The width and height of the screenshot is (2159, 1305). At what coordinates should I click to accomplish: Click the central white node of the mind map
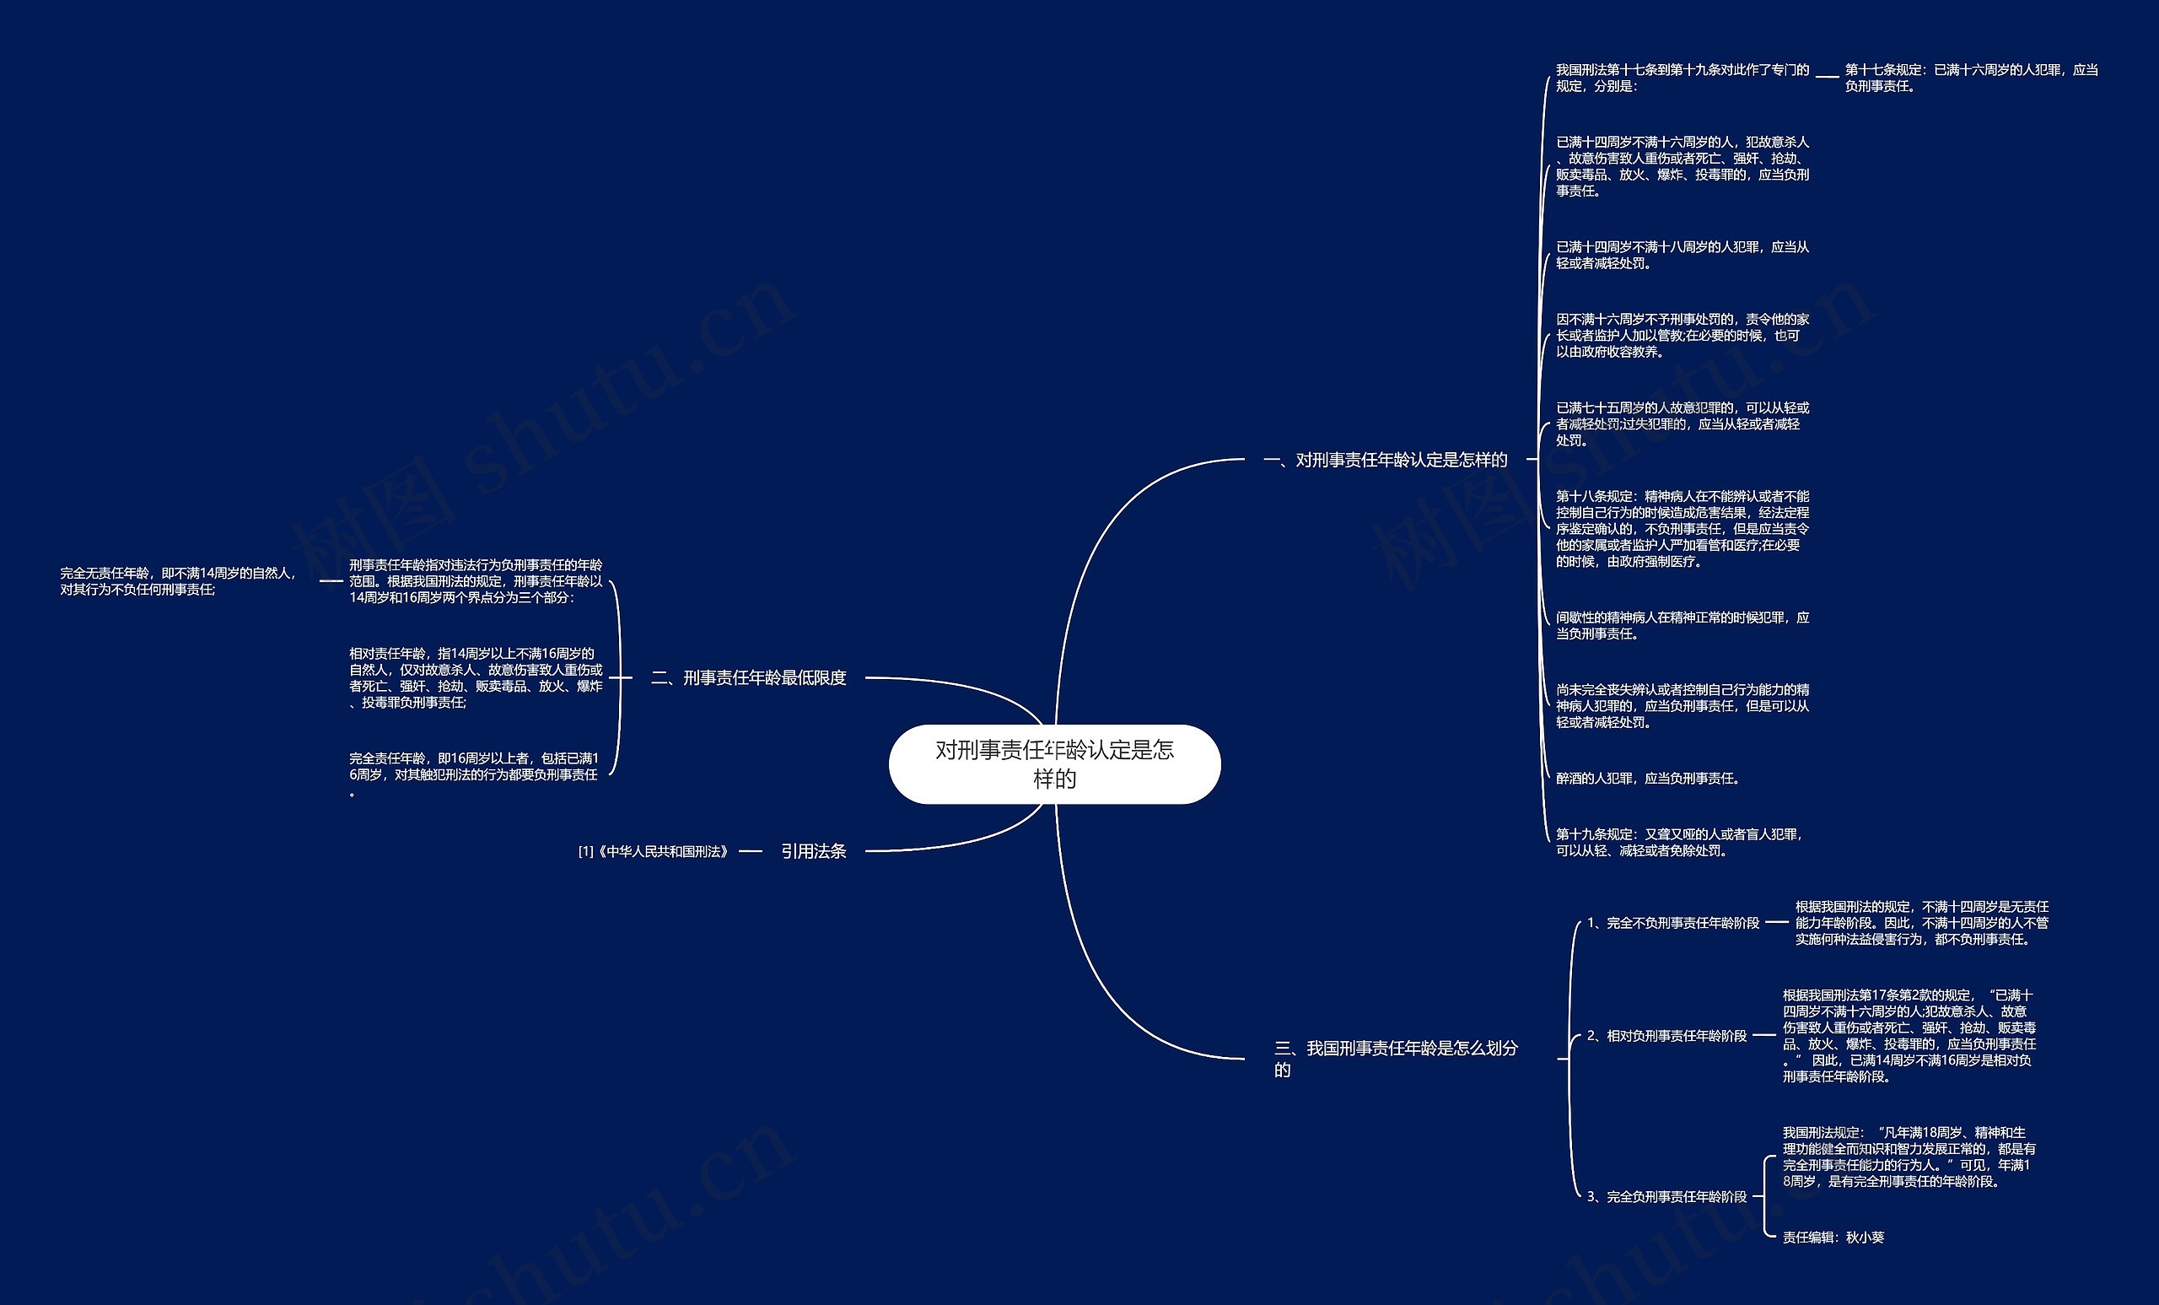[1054, 763]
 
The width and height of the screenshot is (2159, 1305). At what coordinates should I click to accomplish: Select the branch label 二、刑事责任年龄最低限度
[748, 677]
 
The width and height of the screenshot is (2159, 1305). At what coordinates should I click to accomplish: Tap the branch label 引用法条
[813, 851]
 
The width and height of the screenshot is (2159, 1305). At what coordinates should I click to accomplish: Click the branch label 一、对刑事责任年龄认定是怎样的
[1385, 459]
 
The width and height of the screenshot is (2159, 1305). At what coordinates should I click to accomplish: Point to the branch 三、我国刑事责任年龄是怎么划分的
[1395, 1058]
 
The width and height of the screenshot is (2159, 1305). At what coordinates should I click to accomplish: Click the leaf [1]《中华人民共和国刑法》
[654, 851]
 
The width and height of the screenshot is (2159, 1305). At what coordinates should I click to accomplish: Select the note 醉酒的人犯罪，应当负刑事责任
[1647, 779]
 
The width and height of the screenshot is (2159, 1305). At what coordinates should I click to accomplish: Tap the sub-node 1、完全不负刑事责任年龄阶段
[1672, 923]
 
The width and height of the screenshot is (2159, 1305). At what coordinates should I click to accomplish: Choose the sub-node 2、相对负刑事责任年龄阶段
[1666, 1036]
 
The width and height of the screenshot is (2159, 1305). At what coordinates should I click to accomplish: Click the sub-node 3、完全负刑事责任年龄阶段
[1666, 1196]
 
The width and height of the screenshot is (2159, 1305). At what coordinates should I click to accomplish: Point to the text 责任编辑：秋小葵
[1833, 1238]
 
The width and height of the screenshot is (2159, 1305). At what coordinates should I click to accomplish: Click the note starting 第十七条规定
[1972, 78]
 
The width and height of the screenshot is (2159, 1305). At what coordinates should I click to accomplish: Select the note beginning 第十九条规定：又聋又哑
[1679, 842]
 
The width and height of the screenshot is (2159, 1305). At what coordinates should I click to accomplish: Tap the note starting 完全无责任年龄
[179, 581]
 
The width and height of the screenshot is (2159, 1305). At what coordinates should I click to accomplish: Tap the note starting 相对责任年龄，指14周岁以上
[476, 677]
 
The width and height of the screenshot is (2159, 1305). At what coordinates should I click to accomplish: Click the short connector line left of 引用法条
[751, 851]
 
